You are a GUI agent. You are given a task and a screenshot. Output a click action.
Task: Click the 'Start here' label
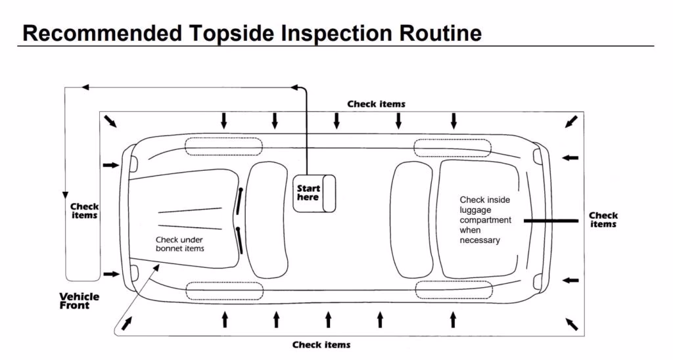[x=308, y=193]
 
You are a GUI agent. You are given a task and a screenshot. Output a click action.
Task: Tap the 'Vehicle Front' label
[x=79, y=301]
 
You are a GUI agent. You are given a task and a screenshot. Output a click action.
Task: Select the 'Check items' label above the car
[x=376, y=104]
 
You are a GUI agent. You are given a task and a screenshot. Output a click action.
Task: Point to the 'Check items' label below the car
[x=321, y=345]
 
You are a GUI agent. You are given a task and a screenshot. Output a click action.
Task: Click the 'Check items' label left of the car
[x=84, y=211]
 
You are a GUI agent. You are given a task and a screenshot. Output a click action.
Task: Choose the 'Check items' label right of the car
[x=603, y=219]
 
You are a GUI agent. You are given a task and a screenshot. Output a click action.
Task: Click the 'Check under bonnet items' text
[x=179, y=244]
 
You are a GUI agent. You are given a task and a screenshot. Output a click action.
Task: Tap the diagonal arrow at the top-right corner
[x=571, y=122]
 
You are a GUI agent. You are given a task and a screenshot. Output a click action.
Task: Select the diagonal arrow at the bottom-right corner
[x=571, y=325]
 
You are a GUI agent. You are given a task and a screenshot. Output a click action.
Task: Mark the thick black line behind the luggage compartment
[x=551, y=221]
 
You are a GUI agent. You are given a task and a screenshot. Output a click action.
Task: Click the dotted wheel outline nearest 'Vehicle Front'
[x=223, y=290]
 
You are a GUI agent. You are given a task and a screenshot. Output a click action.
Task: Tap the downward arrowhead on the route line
[x=65, y=195]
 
